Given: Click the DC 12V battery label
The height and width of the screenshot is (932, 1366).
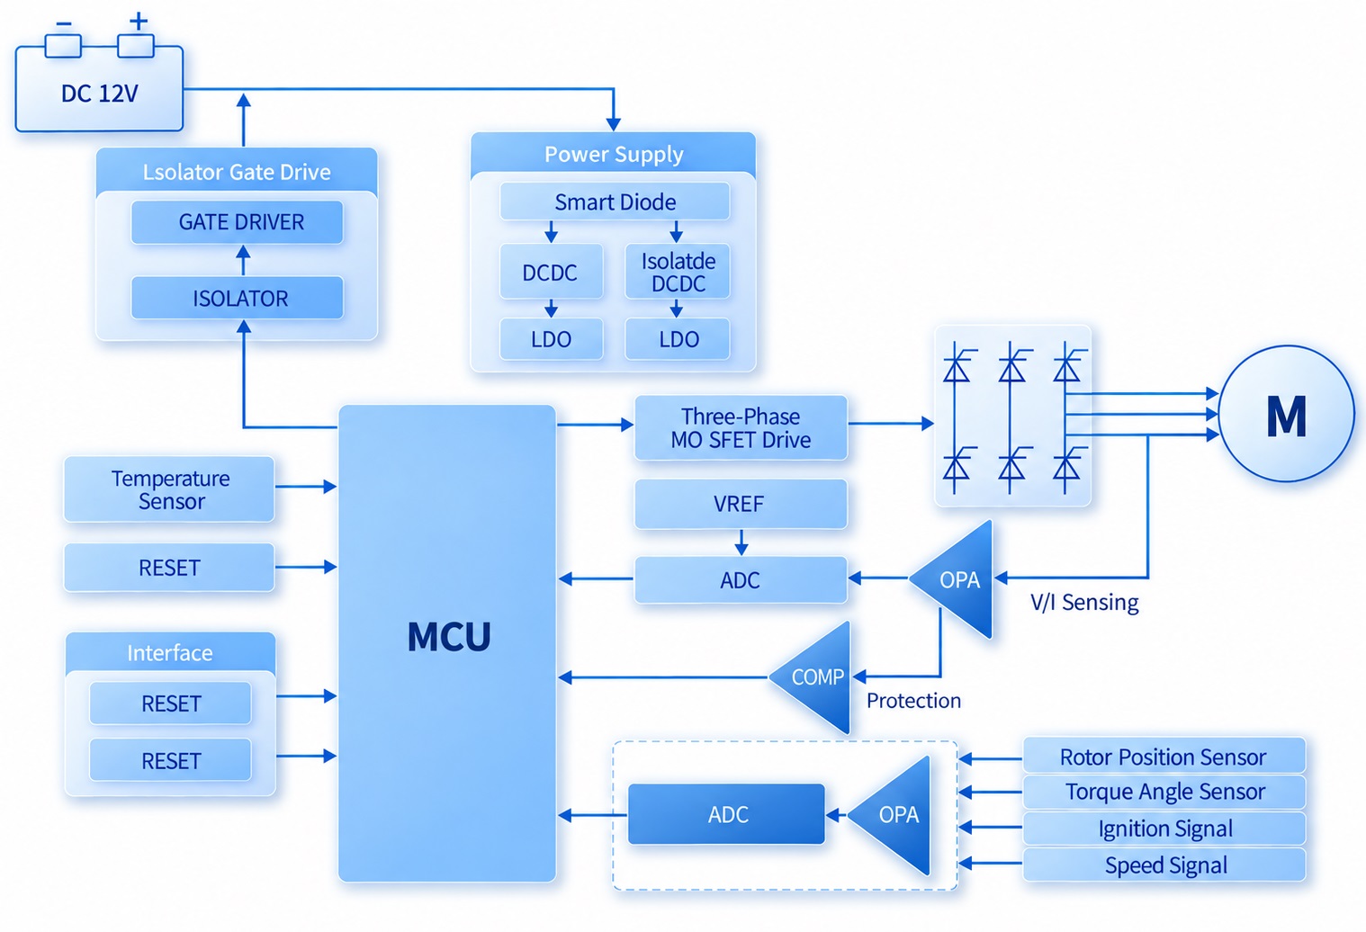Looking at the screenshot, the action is tap(99, 94).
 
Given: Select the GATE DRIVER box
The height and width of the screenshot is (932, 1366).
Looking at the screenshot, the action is tap(238, 222).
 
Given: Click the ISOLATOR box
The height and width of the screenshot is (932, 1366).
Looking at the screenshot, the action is tap(238, 298).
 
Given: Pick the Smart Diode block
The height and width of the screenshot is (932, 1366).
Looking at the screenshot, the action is tap(615, 202).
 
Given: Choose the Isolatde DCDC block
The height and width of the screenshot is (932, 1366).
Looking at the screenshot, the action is tap(678, 272).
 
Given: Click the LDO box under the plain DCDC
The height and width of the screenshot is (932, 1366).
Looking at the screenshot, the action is tap(552, 339).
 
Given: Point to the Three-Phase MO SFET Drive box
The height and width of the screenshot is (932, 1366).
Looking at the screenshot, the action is tap(741, 428).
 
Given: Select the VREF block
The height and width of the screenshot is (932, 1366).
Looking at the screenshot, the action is tap(741, 504).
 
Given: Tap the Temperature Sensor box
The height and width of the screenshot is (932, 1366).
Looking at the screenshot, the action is tap(169, 489).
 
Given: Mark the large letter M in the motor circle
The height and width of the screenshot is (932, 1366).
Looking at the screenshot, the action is tap(1286, 417).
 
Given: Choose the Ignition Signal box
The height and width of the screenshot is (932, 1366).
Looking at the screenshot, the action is tap(1164, 829).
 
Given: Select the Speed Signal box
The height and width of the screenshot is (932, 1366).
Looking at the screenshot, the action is tap(1164, 865).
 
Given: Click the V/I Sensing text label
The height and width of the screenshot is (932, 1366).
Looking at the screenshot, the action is tap(1084, 602).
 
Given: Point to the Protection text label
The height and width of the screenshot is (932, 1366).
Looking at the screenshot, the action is tap(913, 701).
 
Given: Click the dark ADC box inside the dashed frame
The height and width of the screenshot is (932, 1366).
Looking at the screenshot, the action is tap(726, 814).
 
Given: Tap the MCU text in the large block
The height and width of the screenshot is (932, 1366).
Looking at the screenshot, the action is tap(449, 637).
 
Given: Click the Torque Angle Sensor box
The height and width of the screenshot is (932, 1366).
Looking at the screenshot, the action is tap(1164, 791).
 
